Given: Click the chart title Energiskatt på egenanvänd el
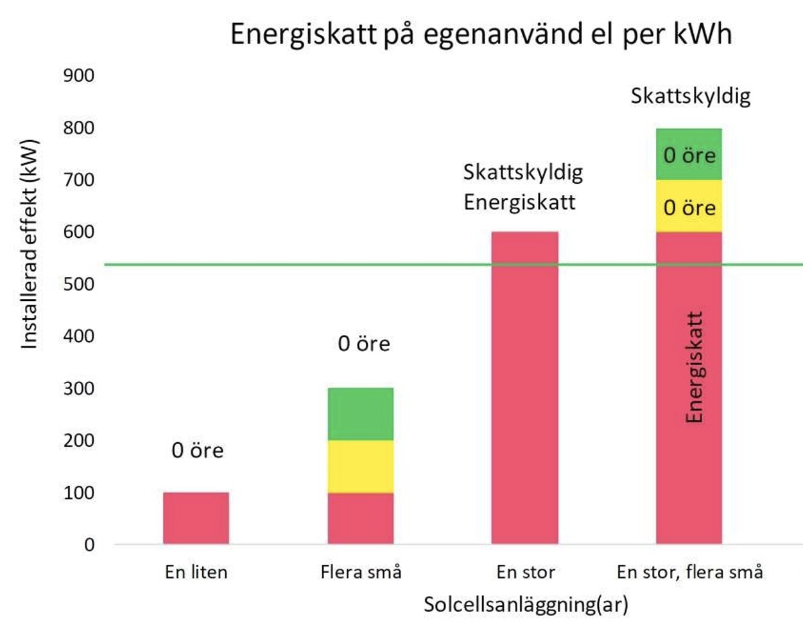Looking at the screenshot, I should [481, 33].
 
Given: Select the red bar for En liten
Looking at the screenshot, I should [196, 518].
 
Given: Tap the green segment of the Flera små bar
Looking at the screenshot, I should [361, 414].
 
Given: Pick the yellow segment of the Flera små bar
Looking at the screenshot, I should [361, 467].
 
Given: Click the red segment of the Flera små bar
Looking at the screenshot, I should [361, 518].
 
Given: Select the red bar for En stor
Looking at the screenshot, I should [525, 388].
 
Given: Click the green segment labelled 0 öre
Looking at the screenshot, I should [689, 155].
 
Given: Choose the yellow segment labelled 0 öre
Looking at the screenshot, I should [689, 207].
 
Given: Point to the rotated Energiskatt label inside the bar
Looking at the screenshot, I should [695, 367].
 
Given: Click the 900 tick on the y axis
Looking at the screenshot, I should [78, 76].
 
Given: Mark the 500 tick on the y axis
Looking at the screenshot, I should [78, 284].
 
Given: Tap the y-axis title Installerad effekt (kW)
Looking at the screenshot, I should [30, 244].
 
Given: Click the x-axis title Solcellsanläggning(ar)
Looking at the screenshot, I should [526, 605].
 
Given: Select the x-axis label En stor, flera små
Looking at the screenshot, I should [690, 572].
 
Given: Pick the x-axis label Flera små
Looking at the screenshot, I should [361, 572].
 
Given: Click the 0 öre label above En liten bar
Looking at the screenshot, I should [198, 451].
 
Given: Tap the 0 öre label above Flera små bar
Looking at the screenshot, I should [364, 344].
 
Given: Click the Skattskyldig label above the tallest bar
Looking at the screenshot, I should [690, 96].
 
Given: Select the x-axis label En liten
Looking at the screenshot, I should [196, 572].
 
